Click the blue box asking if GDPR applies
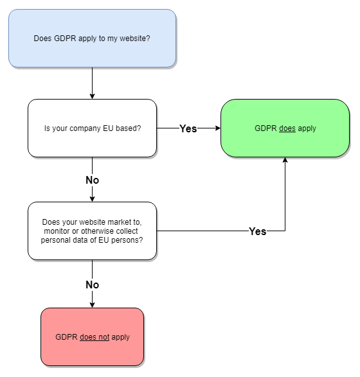coord(92,39)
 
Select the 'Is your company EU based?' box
coord(92,128)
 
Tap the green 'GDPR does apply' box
coord(285,128)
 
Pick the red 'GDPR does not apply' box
coord(92,337)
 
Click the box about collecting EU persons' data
coord(92,231)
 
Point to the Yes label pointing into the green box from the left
coord(188,128)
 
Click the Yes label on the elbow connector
coord(258,232)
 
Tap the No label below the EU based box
coord(92,180)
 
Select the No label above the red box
coord(92,285)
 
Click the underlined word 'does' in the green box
coord(287,128)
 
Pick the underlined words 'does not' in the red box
coord(94,337)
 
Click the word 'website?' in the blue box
coord(135,39)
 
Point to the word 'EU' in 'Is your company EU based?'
coord(108,128)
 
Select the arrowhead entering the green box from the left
coord(218,128)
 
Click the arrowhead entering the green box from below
coord(285,160)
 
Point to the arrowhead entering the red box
coord(92,305)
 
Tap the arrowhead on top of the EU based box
coord(92,96)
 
